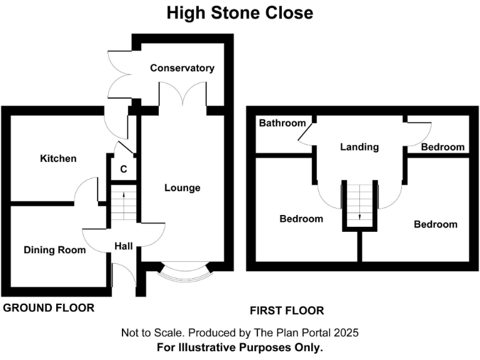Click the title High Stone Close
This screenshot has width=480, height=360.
pyautogui.click(x=240, y=12)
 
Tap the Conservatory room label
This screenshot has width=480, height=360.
pyautogui.click(x=182, y=68)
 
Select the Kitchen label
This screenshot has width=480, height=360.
pyautogui.click(x=58, y=159)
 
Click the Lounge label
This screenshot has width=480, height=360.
pyautogui.click(x=182, y=187)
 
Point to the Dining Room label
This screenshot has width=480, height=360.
pyautogui.click(x=54, y=250)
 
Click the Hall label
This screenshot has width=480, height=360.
pyautogui.click(x=123, y=247)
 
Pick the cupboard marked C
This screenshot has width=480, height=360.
pyautogui.click(x=124, y=169)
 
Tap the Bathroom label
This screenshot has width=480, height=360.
pyautogui.click(x=283, y=123)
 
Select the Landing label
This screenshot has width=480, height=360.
pyautogui.click(x=359, y=147)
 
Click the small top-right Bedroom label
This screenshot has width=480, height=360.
pyautogui.click(x=442, y=147)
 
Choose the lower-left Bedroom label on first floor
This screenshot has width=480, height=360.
pyautogui.click(x=301, y=219)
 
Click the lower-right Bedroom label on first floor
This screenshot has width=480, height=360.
pyautogui.click(x=436, y=224)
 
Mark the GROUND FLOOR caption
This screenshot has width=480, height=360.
pyautogui.click(x=49, y=307)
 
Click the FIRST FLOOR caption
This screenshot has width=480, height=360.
pyautogui.click(x=287, y=311)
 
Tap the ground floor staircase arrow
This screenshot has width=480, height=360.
pyautogui.click(x=124, y=195)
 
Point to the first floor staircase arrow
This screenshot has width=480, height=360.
pyautogui.click(x=359, y=216)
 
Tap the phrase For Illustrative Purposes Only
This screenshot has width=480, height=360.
pyautogui.click(x=240, y=347)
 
